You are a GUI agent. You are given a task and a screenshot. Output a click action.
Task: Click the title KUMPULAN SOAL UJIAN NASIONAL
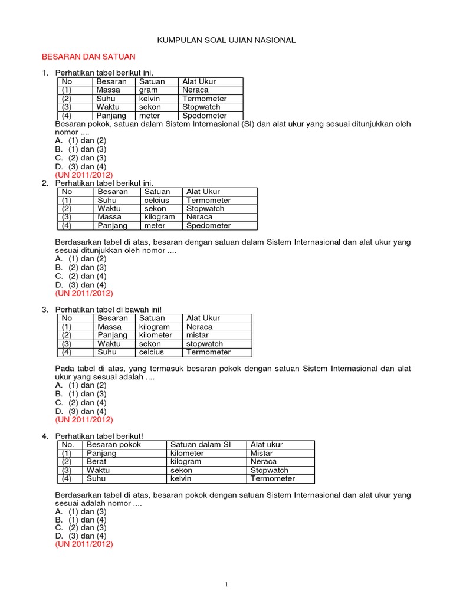coord(226,40)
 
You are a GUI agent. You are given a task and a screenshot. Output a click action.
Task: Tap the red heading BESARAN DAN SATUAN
coord(88,57)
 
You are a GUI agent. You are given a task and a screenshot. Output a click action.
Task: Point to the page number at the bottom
coord(226,585)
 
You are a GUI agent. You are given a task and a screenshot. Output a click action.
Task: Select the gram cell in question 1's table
coord(149,90)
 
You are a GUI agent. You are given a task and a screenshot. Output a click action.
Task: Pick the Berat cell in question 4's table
coord(96,462)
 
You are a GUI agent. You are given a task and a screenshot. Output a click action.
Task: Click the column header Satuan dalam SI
coord(196,445)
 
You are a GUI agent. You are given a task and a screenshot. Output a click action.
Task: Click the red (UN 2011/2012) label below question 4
coord(84,544)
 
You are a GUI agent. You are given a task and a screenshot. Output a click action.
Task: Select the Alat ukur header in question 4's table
coord(267,445)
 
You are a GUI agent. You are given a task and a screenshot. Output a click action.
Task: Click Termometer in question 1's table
coord(204,99)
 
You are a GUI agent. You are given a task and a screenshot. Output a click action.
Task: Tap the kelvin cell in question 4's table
coord(181,479)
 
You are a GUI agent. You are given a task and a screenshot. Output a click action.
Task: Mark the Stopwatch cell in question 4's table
coord(270,471)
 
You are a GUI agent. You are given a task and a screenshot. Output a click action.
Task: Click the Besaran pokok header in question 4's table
coord(114,445)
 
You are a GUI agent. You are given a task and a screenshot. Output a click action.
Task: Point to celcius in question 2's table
coord(156,201)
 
